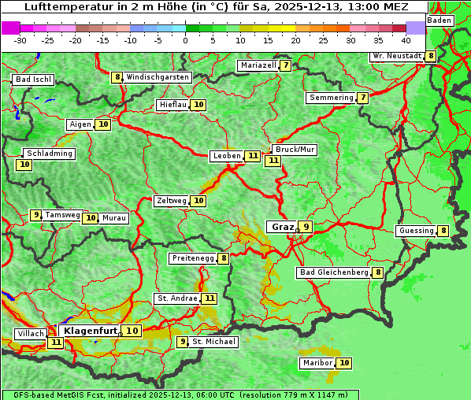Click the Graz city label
282,227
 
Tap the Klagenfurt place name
90,331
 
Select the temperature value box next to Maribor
344,363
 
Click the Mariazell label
258,65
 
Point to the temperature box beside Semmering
362,98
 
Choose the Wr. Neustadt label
397,56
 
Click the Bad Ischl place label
33,80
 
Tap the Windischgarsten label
158,77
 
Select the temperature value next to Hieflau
198,105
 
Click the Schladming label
49,154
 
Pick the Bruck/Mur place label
295,150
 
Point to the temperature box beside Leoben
252,156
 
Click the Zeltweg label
171,201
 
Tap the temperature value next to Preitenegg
224,258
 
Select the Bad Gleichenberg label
334,272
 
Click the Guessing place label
416,231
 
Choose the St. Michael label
214,342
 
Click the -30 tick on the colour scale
20,39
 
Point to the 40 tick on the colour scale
406,39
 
